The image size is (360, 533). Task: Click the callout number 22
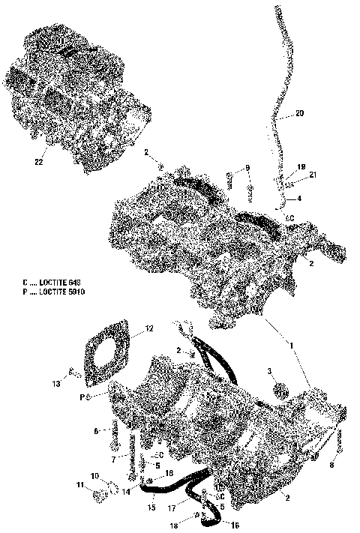pos(38,161)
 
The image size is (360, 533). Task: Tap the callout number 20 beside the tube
pos(299,114)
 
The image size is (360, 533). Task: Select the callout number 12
pos(149,328)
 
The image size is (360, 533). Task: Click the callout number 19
pos(301,166)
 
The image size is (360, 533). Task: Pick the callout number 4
pos(300,199)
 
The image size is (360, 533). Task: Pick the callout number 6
pos(96,431)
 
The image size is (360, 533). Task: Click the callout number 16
pos(234,526)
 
